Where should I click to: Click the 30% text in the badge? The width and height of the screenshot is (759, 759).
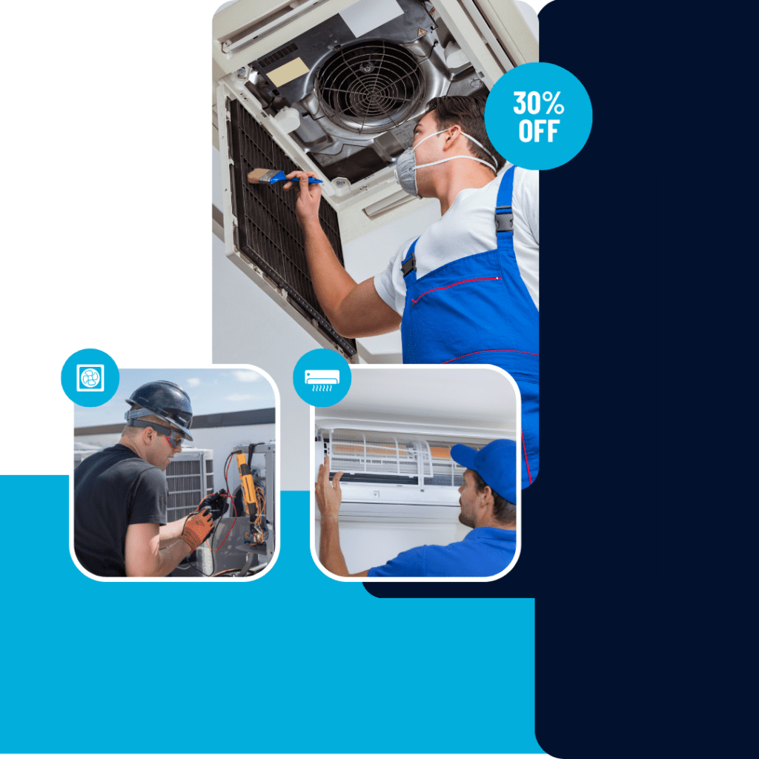538,102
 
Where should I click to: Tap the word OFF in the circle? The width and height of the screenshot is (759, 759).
538,131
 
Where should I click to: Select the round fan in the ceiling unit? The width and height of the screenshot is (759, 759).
362,84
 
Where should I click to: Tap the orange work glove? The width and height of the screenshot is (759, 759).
196,528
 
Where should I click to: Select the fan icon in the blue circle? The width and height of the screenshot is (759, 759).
90,377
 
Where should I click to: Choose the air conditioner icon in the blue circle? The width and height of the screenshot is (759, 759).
322,377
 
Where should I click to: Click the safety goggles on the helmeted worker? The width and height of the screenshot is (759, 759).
171,437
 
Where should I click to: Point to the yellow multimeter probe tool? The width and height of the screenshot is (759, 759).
246,486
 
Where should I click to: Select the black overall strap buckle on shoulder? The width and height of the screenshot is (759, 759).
505,221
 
